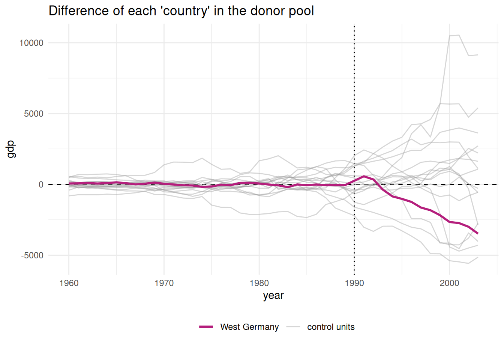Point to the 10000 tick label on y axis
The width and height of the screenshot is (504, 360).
click(31, 43)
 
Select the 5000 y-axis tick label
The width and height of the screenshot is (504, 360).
click(34, 114)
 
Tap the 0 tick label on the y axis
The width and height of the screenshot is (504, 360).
click(41, 184)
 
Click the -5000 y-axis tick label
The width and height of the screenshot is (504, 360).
click(32, 255)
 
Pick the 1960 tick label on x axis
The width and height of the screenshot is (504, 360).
click(69, 283)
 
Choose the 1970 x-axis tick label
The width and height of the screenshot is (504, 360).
click(164, 283)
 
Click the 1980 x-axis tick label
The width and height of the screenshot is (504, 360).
click(259, 283)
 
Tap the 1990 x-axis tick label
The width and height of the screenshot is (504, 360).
click(354, 283)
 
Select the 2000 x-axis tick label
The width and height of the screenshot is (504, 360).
click(449, 283)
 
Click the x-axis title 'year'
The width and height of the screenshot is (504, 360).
click(273, 295)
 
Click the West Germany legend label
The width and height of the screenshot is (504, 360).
click(249, 327)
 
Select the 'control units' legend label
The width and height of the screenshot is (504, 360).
click(331, 327)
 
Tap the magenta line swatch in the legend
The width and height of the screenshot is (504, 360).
click(206, 327)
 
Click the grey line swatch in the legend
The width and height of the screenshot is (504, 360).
click(293, 327)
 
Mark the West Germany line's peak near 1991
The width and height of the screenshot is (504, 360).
click(364, 176)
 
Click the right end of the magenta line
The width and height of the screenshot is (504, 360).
click(478, 234)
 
